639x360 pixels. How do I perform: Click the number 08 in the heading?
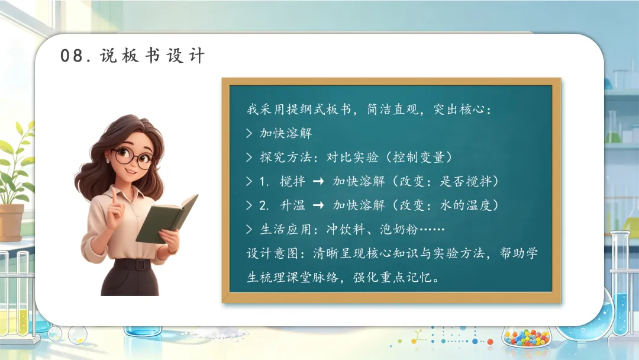[72, 56]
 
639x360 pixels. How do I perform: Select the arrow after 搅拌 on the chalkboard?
[318, 181]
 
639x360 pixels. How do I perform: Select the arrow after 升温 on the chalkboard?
[318, 205]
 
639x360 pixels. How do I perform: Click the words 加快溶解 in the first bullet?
[286, 133]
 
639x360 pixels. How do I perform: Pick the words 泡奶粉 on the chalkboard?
[399, 230]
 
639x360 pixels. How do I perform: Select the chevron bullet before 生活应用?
[249, 229]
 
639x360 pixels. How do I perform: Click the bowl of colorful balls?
[527, 337]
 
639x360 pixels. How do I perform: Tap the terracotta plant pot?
[11, 223]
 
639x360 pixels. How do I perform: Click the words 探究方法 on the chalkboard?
[286, 157]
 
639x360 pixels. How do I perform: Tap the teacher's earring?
[108, 161]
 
